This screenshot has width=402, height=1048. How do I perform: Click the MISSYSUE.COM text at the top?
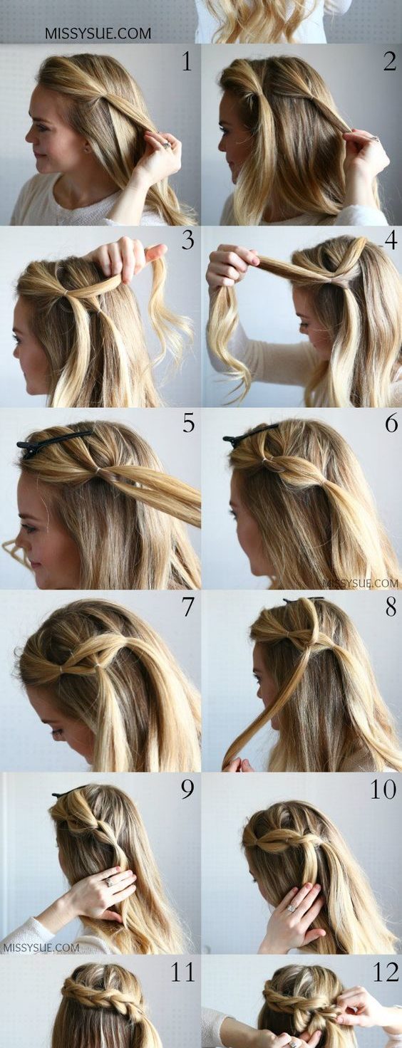pyautogui.click(x=98, y=33)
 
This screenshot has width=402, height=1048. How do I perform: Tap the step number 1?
pyautogui.click(x=187, y=61)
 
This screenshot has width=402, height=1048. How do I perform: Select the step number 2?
pyautogui.click(x=389, y=61)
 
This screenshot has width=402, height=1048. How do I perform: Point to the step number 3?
pyautogui.click(x=187, y=240)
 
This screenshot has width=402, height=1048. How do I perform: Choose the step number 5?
pyautogui.click(x=188, y=423)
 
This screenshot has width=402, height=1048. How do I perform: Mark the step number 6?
pyautogui.click(x=391, y=423)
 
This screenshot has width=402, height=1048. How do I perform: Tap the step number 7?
pyautogui.click(x=187, y=607)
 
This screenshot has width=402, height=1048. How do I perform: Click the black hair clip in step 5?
pyautogui.click(x=51, y=440)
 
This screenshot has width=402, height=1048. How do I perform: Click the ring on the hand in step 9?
pyautogui.click(x=109, y=881)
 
